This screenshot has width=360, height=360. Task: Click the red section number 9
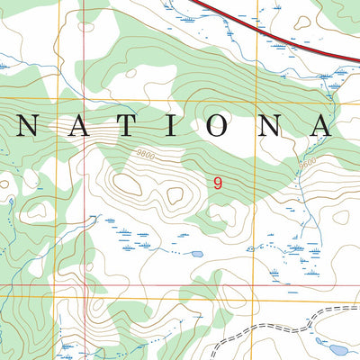[217, 183]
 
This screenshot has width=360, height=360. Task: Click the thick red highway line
[270, 31]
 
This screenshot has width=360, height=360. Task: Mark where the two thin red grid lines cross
[90, 287]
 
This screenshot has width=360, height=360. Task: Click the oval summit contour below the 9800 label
[129, 184]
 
